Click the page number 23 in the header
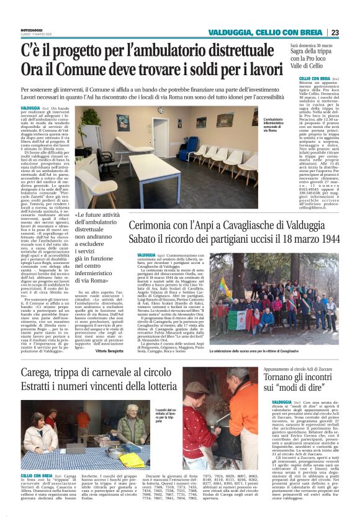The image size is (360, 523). [x=351, y=33]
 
